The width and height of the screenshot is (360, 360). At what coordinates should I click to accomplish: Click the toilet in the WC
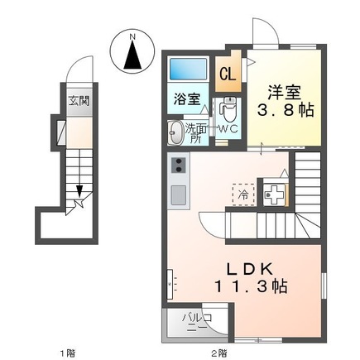(x=229, y=109)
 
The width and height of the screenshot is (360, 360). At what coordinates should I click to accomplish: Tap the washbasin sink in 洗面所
(x=175, y=132)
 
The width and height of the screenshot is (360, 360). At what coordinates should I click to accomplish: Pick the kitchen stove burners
(x=177, y=166)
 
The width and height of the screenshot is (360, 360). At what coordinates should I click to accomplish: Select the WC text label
(x=229, y=129)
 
